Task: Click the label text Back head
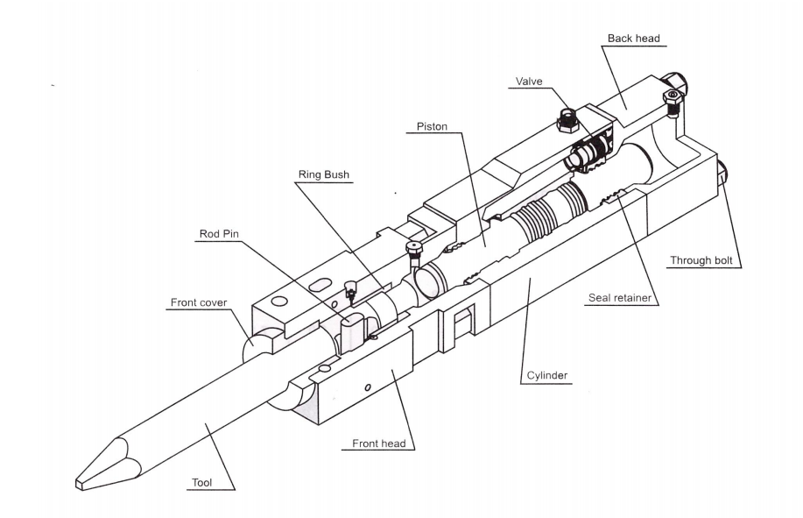pyautogui.click(x=633, y=39)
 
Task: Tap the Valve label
pyautogui.click(x=529, y=82)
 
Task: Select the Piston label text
pyautogui.click(x=432, y=126)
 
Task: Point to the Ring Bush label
pyautogui.click(x=324, y=174)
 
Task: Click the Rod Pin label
pyautogui.click(x=219, y=234)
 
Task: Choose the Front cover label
pyautogui.click(x=199, y=302)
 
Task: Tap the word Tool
pyautogui.click(x=201, y=483)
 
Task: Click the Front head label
pyautogui.click(x=379, y=443)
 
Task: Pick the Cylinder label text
pyautogui.click(x=547, y=375)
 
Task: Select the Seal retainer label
pyautogui.click(x=620, y=298)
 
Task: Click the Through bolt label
pyautogui.click(x=701, y=260)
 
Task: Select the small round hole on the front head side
pyautogui.click(x=367, y=387)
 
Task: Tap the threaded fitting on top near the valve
pyautogui.click(x=567, y=121)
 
